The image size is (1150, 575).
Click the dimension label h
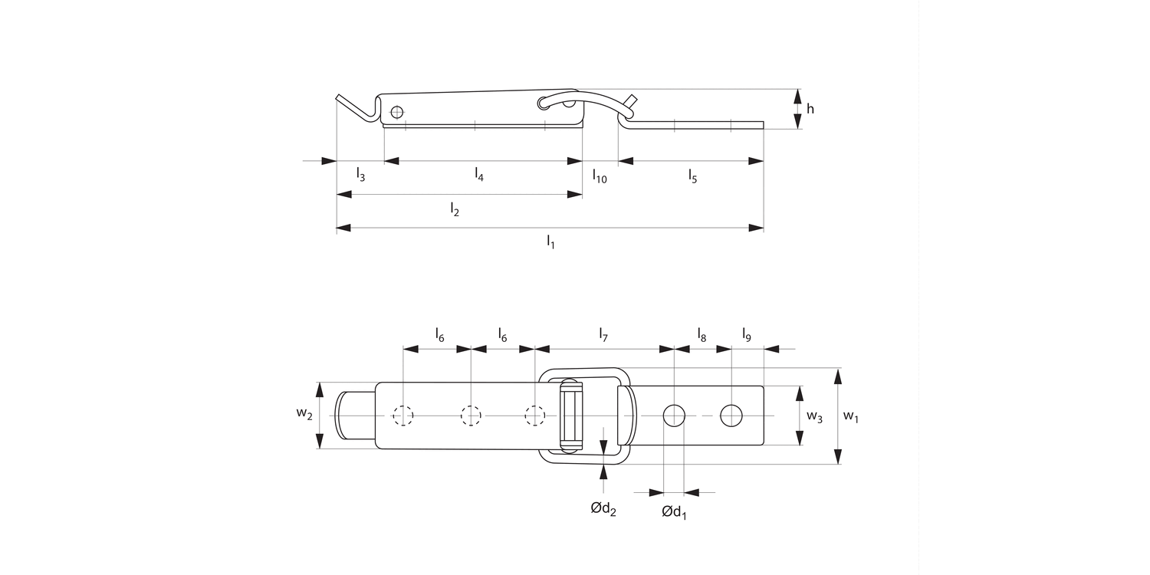[x=810, y=109]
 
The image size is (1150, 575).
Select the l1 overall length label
[x=550, y=242]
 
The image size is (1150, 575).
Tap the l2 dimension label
[x=455, y=209]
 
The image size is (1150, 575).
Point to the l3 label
[x=360, y=176]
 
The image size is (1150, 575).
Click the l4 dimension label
[x=479, y=176]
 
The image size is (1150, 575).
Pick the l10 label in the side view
[x=600, y=176]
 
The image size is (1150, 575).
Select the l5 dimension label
[x=692, y=176]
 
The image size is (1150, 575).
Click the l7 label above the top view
[x=603, y=334]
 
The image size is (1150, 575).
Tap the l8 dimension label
[x=701, y=334]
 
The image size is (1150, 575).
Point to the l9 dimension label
[x=747, y=334]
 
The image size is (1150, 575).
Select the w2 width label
[x=304, y=415]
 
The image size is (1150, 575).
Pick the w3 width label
[x=814, y=418]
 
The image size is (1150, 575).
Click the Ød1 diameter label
[x=674, y=512]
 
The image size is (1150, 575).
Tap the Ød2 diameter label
[x=603, y=508]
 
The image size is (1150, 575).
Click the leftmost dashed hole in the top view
[x=403, y=416]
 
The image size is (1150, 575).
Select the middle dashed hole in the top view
[x=471, y=416]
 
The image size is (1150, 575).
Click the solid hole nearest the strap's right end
[x=731, y=416]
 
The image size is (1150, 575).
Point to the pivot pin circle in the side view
[x=396, y=112]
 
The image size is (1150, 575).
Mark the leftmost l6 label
[x=439, y=334]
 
